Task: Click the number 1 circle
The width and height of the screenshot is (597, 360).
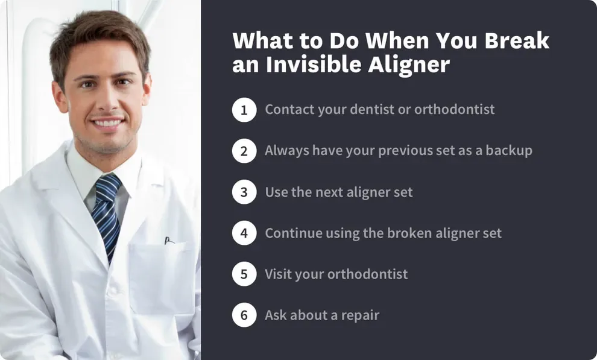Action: [244, 110]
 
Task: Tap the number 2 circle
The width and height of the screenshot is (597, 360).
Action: [244, 151]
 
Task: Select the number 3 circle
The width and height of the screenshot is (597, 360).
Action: [244, 192]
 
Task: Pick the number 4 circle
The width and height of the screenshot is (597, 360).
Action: [244, 233]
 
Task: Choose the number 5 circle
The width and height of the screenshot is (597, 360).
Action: [244, 274]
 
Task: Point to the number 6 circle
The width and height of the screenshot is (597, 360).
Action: [244, 315]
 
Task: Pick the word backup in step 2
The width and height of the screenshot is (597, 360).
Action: [510, 151]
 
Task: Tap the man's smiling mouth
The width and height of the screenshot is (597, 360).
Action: [107, 124]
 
